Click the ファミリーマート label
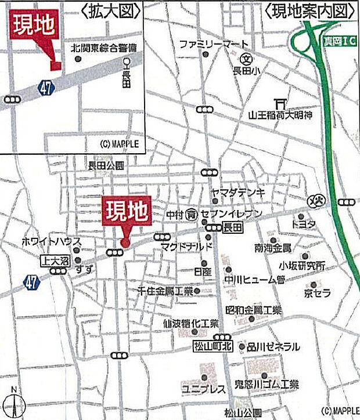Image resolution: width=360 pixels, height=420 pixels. [214, 44]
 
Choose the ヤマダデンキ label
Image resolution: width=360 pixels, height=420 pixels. [238, 192]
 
